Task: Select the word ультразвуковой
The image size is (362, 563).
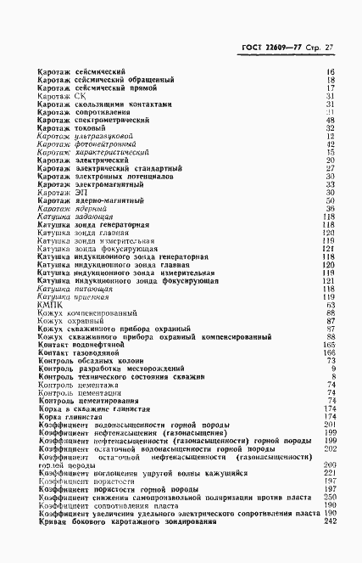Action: point(103,137)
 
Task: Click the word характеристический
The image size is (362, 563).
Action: point(114,153)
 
